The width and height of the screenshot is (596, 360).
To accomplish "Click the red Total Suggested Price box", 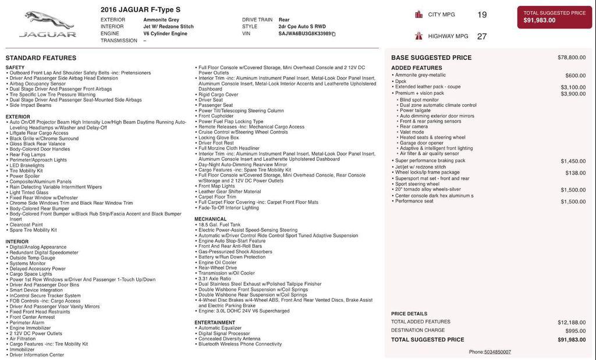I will [554, 17].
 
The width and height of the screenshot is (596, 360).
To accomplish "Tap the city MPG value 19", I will [482, 15].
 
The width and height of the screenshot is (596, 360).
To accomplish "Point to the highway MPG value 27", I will [482, 36].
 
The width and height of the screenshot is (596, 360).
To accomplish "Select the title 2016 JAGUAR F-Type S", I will [140, 9].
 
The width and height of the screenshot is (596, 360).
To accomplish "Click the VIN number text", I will [305, 34].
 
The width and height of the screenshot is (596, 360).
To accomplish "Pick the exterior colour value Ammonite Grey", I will [161, 20].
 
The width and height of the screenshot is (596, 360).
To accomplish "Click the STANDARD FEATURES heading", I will [41, 58].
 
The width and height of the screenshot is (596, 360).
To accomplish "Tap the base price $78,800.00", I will [572, 58].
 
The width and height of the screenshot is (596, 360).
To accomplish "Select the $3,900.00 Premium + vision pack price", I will [573, 94].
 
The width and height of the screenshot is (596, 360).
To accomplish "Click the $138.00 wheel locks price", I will [576, 173].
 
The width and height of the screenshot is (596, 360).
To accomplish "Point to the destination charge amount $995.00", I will [576, 330].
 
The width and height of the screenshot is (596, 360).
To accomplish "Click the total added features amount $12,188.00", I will [572, 322].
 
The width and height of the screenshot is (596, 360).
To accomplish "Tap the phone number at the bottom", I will [489, 352].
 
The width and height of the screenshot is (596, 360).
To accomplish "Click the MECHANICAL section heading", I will [211, 219].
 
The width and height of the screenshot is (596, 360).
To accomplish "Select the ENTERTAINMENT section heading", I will [215, 322].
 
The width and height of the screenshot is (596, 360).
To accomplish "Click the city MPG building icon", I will [418, 15].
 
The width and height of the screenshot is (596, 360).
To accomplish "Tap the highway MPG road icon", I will [418, 36].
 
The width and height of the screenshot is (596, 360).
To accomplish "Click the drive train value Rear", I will [284, 20].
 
